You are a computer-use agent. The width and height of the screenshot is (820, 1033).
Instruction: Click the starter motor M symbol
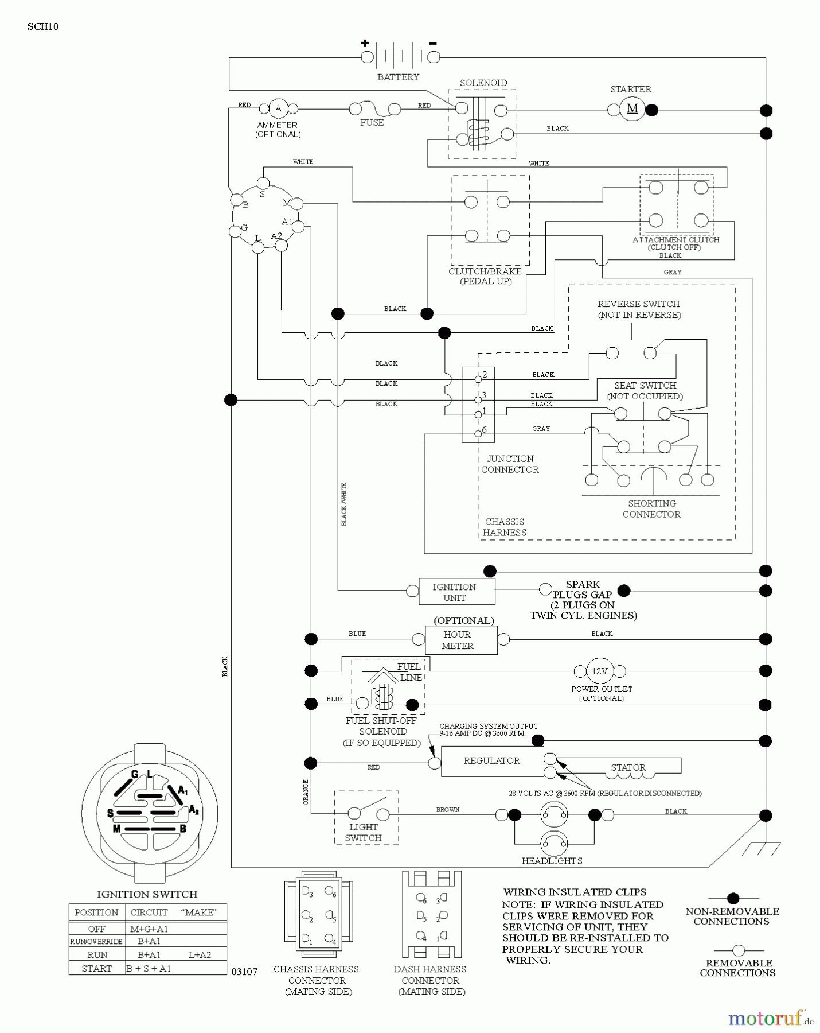[x=632, y=109]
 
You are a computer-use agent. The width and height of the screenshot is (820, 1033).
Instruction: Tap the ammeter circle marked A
[x=279, y=108]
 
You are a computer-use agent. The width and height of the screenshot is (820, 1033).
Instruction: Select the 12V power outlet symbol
[x=600, y=670]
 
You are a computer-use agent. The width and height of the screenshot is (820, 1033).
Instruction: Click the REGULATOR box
[x=492, y=761]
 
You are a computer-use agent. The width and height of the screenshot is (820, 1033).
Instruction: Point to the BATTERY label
[x=398, y=77]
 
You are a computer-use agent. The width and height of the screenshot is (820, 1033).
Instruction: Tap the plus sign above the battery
[x=365, y=43]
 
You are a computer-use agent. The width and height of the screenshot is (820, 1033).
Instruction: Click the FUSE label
[x=372, y=122]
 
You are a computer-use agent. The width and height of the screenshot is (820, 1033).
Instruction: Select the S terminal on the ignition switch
[x=263, y=184]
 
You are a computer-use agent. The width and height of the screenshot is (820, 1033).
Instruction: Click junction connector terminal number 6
[x=478, y=433]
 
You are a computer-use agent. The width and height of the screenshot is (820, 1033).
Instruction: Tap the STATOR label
[x=628, y=767]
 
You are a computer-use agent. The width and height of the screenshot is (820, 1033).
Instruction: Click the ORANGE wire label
[x=305, y=791]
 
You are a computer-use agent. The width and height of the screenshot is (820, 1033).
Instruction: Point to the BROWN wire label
[x=447, y=809]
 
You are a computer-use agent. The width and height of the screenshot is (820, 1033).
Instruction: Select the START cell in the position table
[x=96, y=969]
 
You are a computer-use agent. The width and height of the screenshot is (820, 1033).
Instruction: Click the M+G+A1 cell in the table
[x=149, y=929]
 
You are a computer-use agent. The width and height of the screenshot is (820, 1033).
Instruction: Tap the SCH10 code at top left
[x=42, y=26]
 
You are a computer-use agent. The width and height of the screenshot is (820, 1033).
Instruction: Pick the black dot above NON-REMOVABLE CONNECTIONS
[x=732, y=899]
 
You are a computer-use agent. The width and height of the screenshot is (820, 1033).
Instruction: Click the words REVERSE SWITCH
[x=638, y=304]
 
